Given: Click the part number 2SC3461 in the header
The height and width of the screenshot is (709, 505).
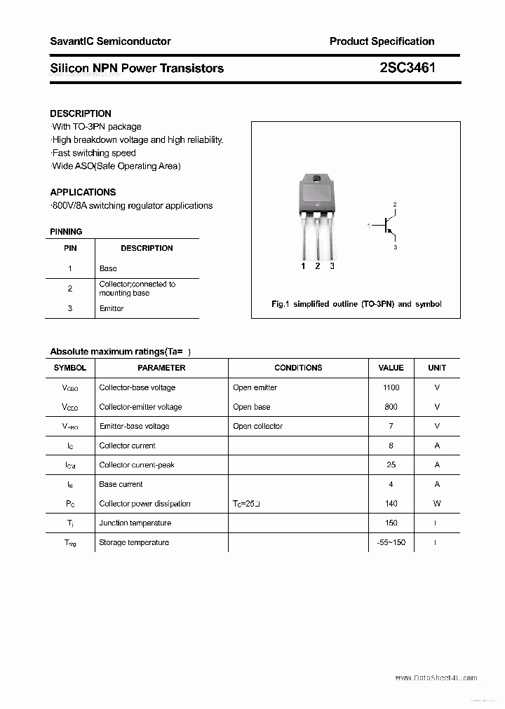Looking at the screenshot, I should [x=407, y=68].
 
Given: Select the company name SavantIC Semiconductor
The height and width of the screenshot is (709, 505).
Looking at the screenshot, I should [x=110, y=41].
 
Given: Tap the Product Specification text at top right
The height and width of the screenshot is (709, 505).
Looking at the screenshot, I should [x=382, y=41].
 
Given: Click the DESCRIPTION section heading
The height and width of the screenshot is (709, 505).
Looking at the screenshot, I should [x=81, y=113].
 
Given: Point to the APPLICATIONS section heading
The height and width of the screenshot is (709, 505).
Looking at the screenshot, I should [x=83, y=192].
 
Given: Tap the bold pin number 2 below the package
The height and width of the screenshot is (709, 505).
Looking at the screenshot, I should [x=318, y=266].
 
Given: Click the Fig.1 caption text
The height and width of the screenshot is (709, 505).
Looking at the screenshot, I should [x=356, y=304].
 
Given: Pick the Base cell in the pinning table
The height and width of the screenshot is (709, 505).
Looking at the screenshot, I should [x=108, y=268].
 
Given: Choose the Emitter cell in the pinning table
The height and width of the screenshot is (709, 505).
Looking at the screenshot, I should [x=112, y=308].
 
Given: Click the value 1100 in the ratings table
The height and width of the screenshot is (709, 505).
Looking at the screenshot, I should [x=391, y=387].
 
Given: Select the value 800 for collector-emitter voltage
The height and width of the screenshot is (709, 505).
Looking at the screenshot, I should [x=391, y=407].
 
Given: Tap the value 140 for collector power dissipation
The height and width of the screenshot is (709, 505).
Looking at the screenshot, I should [x=391, y=504].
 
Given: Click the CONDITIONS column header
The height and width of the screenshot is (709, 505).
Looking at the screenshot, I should [x=298, y=368].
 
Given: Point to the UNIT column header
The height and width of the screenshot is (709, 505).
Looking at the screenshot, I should [x=437, y=368].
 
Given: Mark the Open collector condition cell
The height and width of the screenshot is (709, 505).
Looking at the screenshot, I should [x=257, y=426].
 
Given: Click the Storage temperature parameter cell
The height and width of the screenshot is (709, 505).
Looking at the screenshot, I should [x=134, y=542].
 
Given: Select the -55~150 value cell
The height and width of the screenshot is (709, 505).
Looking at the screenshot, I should [x=391, y=542].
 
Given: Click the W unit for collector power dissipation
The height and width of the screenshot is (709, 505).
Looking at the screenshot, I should [x=437, y=504].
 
